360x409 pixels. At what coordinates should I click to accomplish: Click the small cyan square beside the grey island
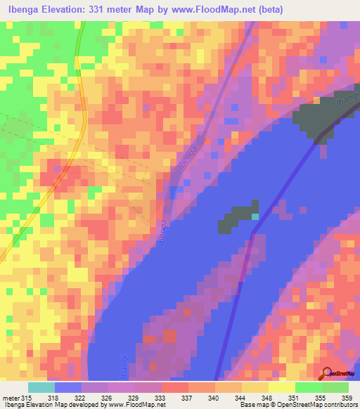255,216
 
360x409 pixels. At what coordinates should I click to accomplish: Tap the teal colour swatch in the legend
41,387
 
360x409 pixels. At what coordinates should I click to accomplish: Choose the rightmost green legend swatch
335,387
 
